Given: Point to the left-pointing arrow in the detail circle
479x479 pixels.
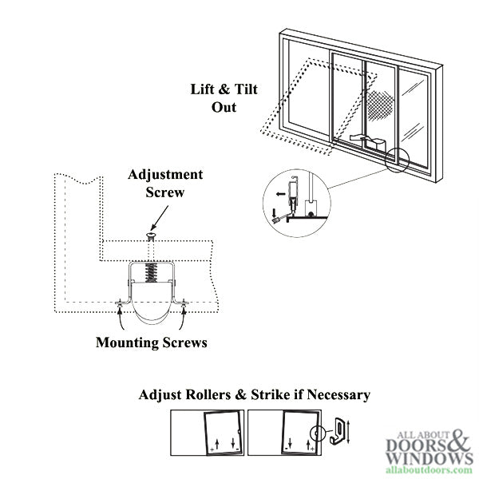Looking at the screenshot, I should tap(280, 192).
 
